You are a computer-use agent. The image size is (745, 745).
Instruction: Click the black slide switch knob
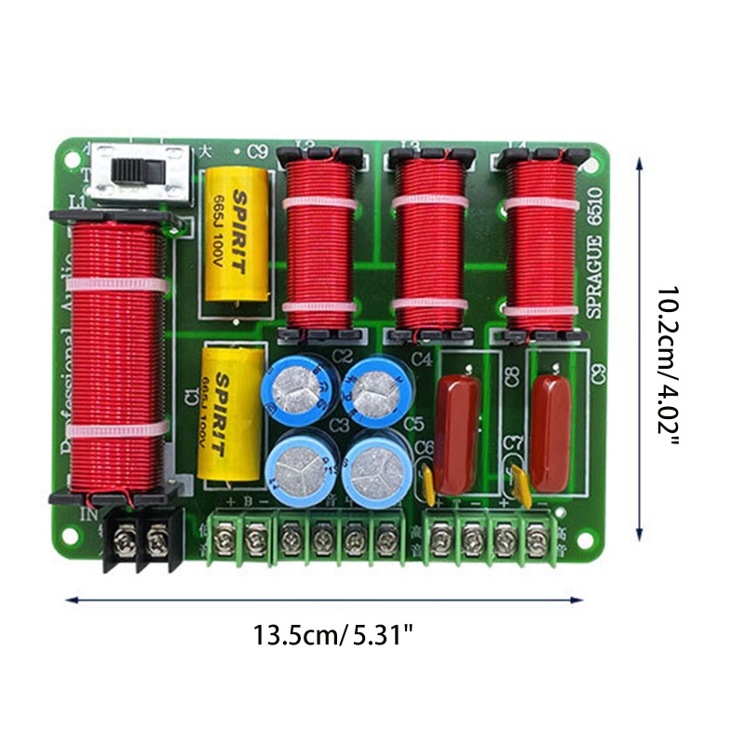129,171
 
